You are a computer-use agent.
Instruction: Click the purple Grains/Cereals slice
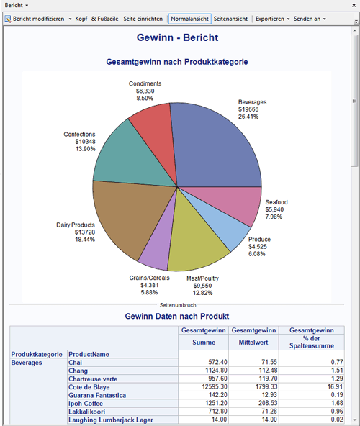pyautogui.click(x=155, y=248)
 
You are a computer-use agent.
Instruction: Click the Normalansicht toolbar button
pyautogui.click(x=189, y=19)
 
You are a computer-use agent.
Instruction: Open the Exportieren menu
pyautogui.click(x=272, y=19)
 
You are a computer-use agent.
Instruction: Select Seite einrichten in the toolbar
pyautogui.click(x=143, y=19)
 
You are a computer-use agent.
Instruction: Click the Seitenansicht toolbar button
pyautogui.click(x=231, y=19)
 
